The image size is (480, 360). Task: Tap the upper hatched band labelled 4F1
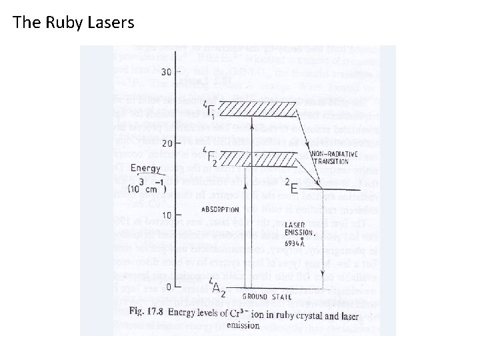pos(249,109)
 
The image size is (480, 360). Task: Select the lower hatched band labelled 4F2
pos(249,159)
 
